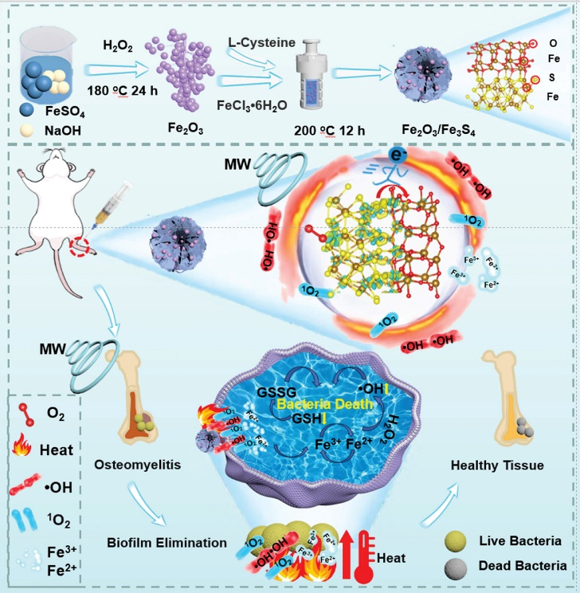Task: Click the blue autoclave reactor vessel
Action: coord(326,70)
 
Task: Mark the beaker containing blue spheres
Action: coord(53,64)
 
